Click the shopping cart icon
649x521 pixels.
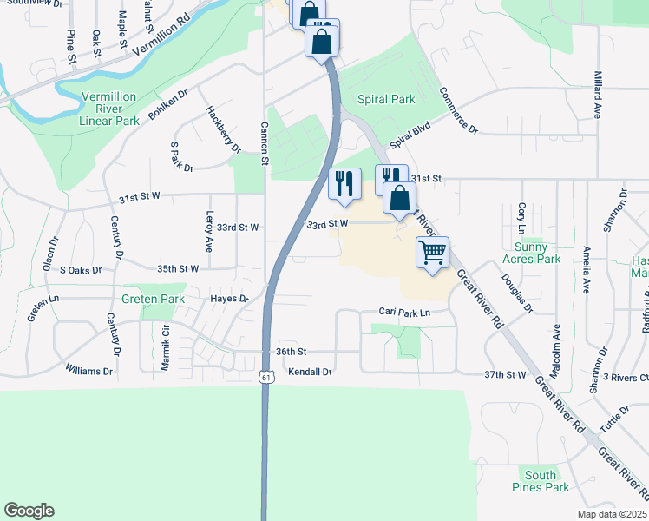[x=432, y=254]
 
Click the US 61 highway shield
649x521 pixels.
[x=266, y=376]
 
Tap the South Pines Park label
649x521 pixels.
[x=541, y=481]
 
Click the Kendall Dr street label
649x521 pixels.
[x=310, y=371]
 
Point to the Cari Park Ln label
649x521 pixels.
[x=404, y=312]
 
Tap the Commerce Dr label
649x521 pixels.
[x=458, y=110]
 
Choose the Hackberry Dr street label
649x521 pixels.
[x=223, y=129]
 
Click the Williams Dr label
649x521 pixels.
[x=88, y=371]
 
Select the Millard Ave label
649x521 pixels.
[x=598, y=95]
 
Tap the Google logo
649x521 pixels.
[x=29, y=511]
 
